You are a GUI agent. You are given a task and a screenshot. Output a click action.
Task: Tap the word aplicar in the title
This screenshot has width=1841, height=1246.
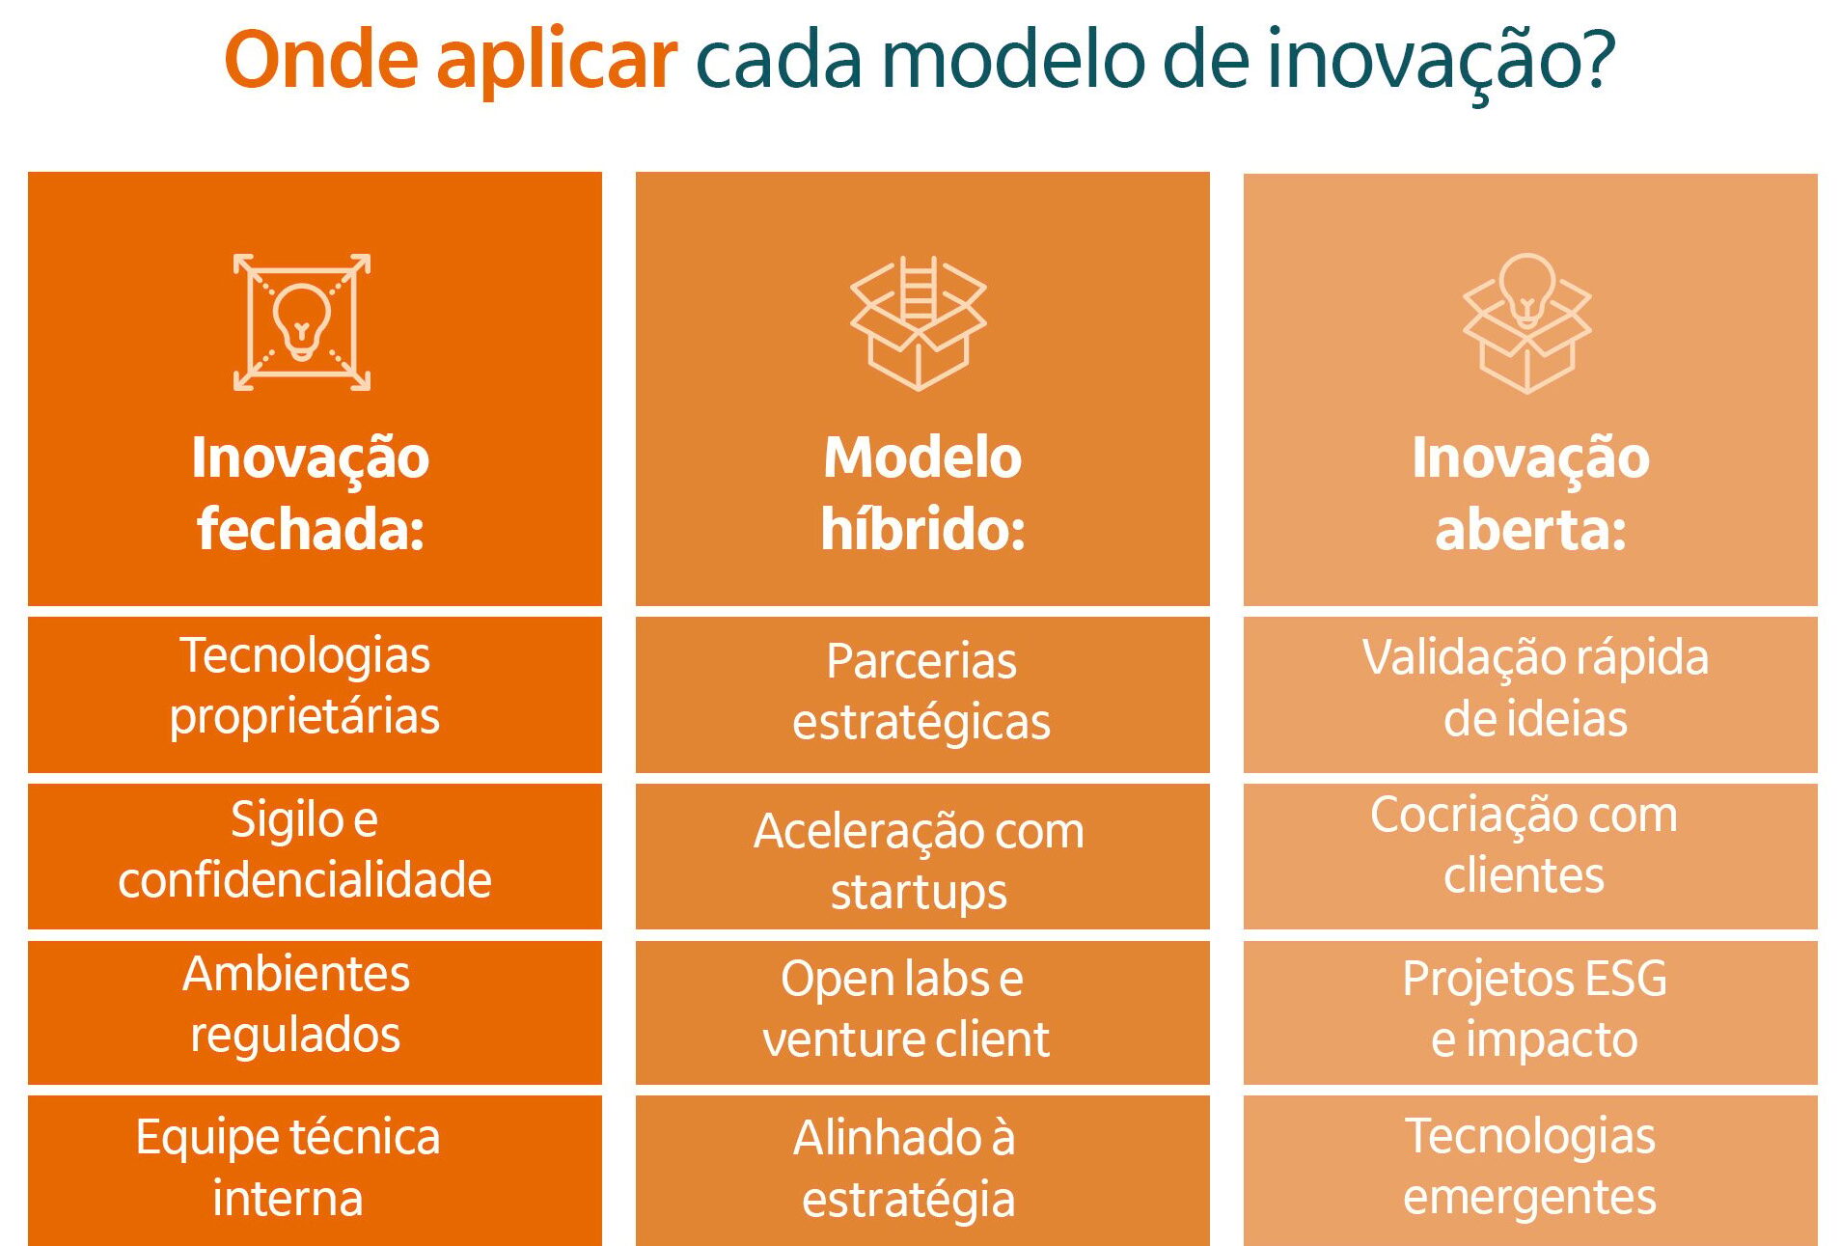click(x=557, y=63)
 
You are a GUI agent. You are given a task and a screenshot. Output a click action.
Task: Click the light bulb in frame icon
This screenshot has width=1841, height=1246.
click(x=302, y=322)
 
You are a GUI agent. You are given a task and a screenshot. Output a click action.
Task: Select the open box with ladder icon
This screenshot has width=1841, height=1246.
click(x=918, y=322)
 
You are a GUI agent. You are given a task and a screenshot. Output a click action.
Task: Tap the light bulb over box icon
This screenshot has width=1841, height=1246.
click(x=1526, y=322)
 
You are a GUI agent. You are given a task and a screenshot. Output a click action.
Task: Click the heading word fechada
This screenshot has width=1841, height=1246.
click(x=311, y=529)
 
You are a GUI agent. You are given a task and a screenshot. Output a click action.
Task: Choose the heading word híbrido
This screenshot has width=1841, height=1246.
click(x=922, y=529)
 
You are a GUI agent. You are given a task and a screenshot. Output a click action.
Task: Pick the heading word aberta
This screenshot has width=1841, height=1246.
click(x=1530, y=529)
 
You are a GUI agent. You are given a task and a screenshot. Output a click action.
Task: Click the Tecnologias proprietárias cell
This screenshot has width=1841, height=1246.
click(x=315, y=695)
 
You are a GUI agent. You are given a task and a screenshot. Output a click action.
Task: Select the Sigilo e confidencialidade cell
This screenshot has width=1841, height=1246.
click(x=315, y=856)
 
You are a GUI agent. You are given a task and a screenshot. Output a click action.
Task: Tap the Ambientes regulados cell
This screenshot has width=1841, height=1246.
click(x=315, y=1012)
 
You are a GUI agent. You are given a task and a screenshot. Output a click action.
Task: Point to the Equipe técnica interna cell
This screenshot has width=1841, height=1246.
click(x=315, y=1170)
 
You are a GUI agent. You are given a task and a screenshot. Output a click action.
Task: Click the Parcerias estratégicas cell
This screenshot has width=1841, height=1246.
click(x=922, y=695)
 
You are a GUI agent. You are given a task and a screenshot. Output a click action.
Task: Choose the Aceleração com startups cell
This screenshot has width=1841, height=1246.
click(x=922, y=856)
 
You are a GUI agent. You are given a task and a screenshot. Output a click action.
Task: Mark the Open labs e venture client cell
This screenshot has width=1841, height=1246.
click(x=922, y=1012)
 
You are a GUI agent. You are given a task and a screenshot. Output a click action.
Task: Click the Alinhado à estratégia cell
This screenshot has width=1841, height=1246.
click(x=922, y=1170)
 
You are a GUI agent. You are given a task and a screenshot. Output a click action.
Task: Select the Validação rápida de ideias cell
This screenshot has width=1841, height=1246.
click(x=1530, y=695)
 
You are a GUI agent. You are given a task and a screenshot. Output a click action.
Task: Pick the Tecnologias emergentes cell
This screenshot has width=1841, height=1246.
click(x=1530, y=1170)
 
